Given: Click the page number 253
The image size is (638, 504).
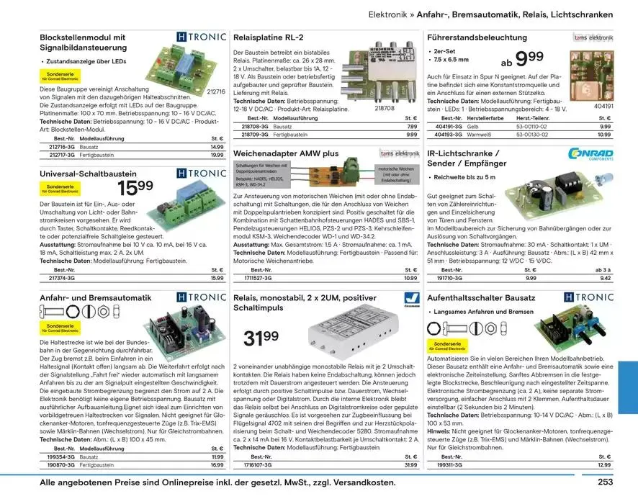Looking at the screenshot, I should pos(605,482).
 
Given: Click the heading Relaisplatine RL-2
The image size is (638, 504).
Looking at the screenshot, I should pos(269,37).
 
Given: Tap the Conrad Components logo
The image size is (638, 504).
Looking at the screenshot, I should pos(590,154).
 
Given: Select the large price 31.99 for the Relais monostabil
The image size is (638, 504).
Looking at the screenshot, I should pos(261,337).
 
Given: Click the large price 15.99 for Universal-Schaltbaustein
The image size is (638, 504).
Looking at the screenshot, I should pos(135,188).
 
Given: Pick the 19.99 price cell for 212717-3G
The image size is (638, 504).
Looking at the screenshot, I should pos(217,155).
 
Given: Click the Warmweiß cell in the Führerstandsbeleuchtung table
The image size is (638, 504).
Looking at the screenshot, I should pos(479,134).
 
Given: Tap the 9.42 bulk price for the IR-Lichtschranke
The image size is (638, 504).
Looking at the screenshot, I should pos(605,277).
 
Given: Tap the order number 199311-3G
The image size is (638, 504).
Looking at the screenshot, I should pos(451,465).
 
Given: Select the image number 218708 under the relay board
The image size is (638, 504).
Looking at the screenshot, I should pos(385,108).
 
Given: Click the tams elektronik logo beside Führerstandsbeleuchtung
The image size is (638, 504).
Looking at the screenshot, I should pos(593,37).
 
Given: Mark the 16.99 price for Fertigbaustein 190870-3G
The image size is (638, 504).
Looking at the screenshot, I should pos(217,465).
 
